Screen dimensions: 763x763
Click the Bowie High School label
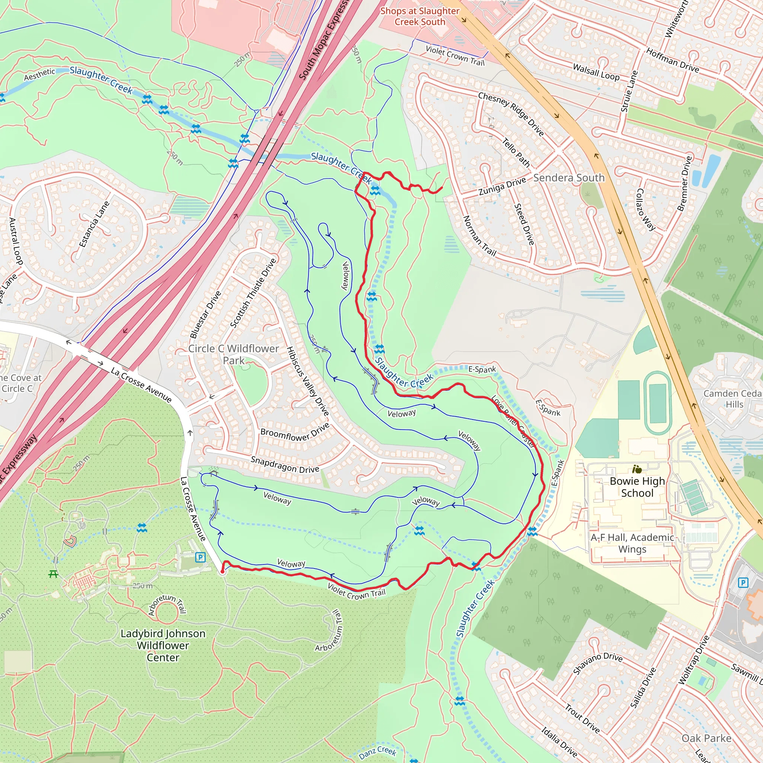pos(637,487)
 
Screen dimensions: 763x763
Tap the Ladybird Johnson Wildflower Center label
pos(163,645)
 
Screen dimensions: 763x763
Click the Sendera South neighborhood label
pos(569,178)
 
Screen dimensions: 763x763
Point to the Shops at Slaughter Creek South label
pos(420,17)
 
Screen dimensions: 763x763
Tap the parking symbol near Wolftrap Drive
pos(743,583)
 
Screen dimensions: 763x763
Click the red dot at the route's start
pos(222,572)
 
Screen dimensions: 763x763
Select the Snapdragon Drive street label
pos(285,465)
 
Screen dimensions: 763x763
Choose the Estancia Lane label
pos(94,224)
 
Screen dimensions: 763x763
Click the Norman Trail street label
pos(479,236)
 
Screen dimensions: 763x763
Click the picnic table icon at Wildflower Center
pos(53,574)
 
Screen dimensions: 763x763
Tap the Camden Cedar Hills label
pos(734,399)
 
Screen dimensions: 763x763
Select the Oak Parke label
pos(706,738)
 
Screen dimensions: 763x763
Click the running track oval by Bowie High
pos(658,403)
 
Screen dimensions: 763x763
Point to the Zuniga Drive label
pos(502,186)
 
